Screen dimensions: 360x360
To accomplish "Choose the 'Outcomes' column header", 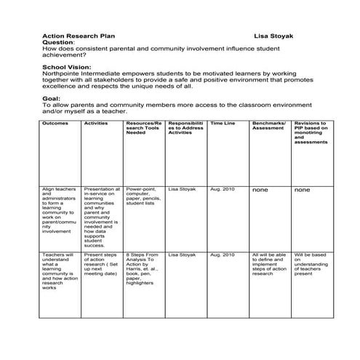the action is coord(55,124).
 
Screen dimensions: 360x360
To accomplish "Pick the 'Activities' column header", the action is coord(96,124).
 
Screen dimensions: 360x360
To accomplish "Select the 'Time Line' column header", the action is coord(222,124).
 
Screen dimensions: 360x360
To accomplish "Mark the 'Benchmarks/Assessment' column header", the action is coord(270,127).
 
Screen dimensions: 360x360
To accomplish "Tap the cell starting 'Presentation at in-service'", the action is coord(102,217).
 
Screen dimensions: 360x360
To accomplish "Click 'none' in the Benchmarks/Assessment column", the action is coord(260,190).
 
